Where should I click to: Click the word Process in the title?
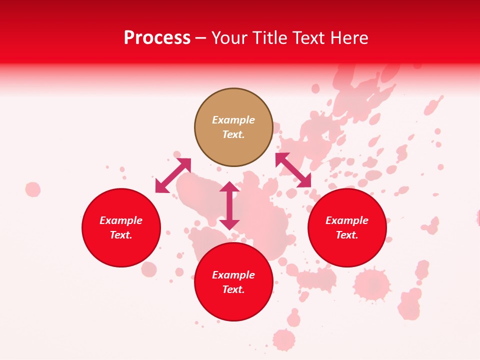[157, 38]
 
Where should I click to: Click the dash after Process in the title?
[201, 39]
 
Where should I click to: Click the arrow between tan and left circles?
[173, 175]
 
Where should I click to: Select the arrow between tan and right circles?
[293, 170]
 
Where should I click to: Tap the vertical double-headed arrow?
[229, 205]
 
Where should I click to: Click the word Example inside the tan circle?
[233, 120]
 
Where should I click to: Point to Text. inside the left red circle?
[121, 235]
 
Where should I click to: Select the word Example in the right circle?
[347, 220]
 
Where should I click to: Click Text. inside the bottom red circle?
[233, 289]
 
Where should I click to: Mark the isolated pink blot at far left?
[33, 189]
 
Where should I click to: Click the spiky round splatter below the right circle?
[371, 284]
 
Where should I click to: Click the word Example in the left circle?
[121, 220]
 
